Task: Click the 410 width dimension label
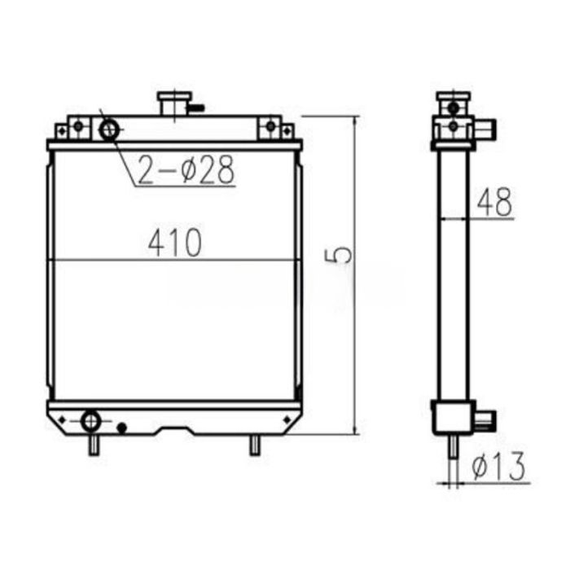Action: pos(174,243)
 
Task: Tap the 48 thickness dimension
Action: pos(494,204)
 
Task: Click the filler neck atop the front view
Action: pos(173,103)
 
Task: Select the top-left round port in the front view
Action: pos(109,129)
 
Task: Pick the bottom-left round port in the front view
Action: pos(90,420)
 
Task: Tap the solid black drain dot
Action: pos(122,427)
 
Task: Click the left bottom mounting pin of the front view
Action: pos(95,445)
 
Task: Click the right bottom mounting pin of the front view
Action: pos(255,445)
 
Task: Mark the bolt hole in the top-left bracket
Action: pos(77,126)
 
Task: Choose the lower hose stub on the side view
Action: pos(486,420)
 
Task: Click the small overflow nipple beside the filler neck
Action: pos(196,106)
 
